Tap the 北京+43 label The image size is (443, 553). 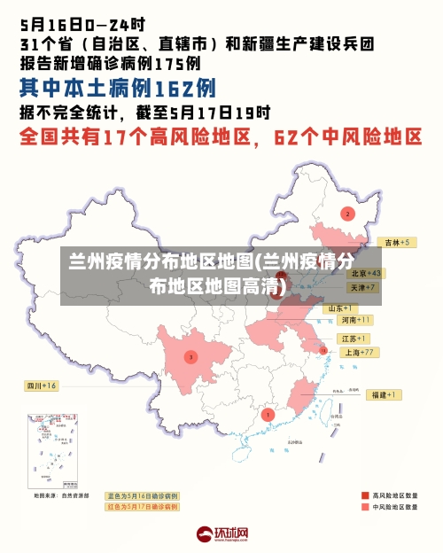pos(364,273)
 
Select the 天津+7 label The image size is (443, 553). pos(362,287)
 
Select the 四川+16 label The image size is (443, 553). pos(41,386)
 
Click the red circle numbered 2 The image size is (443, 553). pos(348,214)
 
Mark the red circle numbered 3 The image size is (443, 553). pos(190,356)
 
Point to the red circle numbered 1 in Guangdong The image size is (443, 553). pos(268,414)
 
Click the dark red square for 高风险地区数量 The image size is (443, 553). pos(365,495)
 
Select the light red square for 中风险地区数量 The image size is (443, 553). pos(365,507)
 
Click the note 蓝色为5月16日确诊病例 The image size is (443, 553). pos(142,495)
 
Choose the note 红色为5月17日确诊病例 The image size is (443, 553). pos(142,507)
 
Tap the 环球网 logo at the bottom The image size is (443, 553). pos(222,534)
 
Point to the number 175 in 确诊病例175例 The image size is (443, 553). pos(170,63)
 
